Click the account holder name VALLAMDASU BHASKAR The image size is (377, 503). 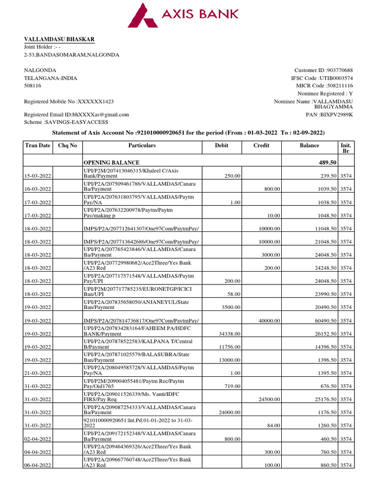[59, 39]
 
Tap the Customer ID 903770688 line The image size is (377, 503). [323, 70]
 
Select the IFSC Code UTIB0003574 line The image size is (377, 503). [322, 78]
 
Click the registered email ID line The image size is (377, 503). [77, 114]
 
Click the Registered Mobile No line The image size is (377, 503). [69, 101]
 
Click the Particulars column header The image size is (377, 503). [142, 145]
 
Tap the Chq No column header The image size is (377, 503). [68, 145]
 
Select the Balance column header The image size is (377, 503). [309, 145]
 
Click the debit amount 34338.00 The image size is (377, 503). [228, 334]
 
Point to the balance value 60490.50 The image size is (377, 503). [323, 321]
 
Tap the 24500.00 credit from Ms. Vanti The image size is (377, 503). [269, 400]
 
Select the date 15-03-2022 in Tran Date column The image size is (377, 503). [40, 176]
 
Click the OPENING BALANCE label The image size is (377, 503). [111, 163]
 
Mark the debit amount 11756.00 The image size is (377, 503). [228, 347]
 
